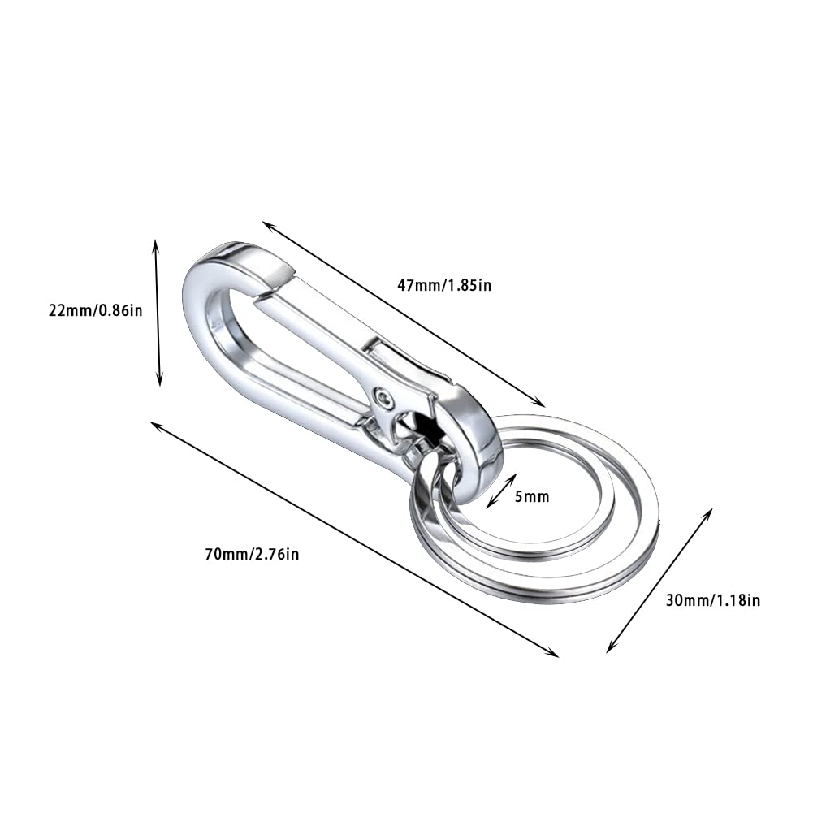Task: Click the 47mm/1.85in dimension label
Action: point(444,285)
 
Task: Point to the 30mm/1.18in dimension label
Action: point(712,600)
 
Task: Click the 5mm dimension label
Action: point(532,495)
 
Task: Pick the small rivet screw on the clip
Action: point(383,396)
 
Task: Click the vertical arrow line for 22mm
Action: point(158,313)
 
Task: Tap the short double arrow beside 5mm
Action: point(502,491)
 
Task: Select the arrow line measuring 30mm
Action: point(659,580)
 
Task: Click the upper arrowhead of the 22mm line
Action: point(156,244)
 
